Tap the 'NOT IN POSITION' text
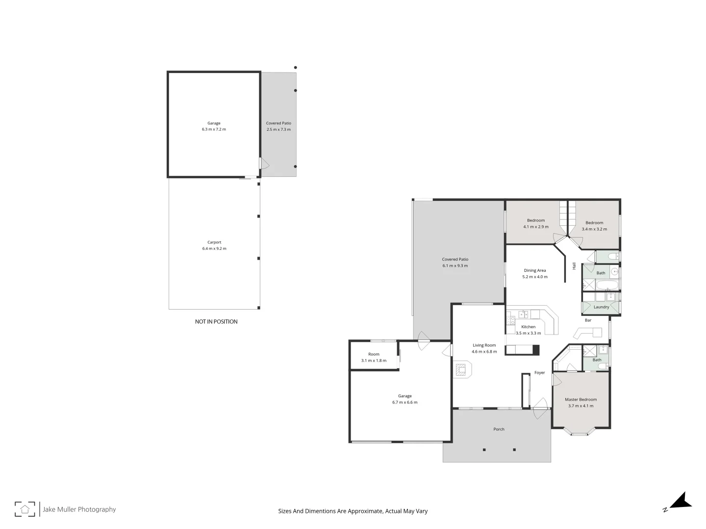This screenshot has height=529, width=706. pyautogui.click(x=216, y=321)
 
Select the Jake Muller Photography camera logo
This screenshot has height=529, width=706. pyautogui.click(x=25, y=509)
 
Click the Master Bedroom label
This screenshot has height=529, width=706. pyautogui.click(x=580, y=400)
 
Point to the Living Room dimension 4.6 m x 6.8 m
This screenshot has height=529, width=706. pyautogui.click(x=484, y=352)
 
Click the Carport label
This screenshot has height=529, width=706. pyautogui.click(x=214, y=242)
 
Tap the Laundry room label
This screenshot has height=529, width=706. pyautogui.click(x=601, y=307)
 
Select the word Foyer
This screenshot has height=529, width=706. pyautogui.click(x=540, y=373)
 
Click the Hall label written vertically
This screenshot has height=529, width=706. pyautogui.click(x=574, y=266)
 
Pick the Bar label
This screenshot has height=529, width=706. pyautogui.click(x=588, y=320)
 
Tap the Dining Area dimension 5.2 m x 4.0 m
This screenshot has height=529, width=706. pyautogui.click(x=535, y=277)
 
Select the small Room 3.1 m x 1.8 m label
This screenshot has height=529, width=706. pyautogui.click(x=374, y=357)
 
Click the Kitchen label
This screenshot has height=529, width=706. pyautogui.click(x=528, y=327)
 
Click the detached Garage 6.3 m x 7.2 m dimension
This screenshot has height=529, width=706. pyautogui.click(x=214, y=129)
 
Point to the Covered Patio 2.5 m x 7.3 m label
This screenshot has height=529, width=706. pyautogui.click(x=278, y=126)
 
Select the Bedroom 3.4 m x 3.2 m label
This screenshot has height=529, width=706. pyautogui.click(x=594, y=226)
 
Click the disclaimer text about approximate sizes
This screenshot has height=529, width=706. pyautogui.click(x=353, y=511)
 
